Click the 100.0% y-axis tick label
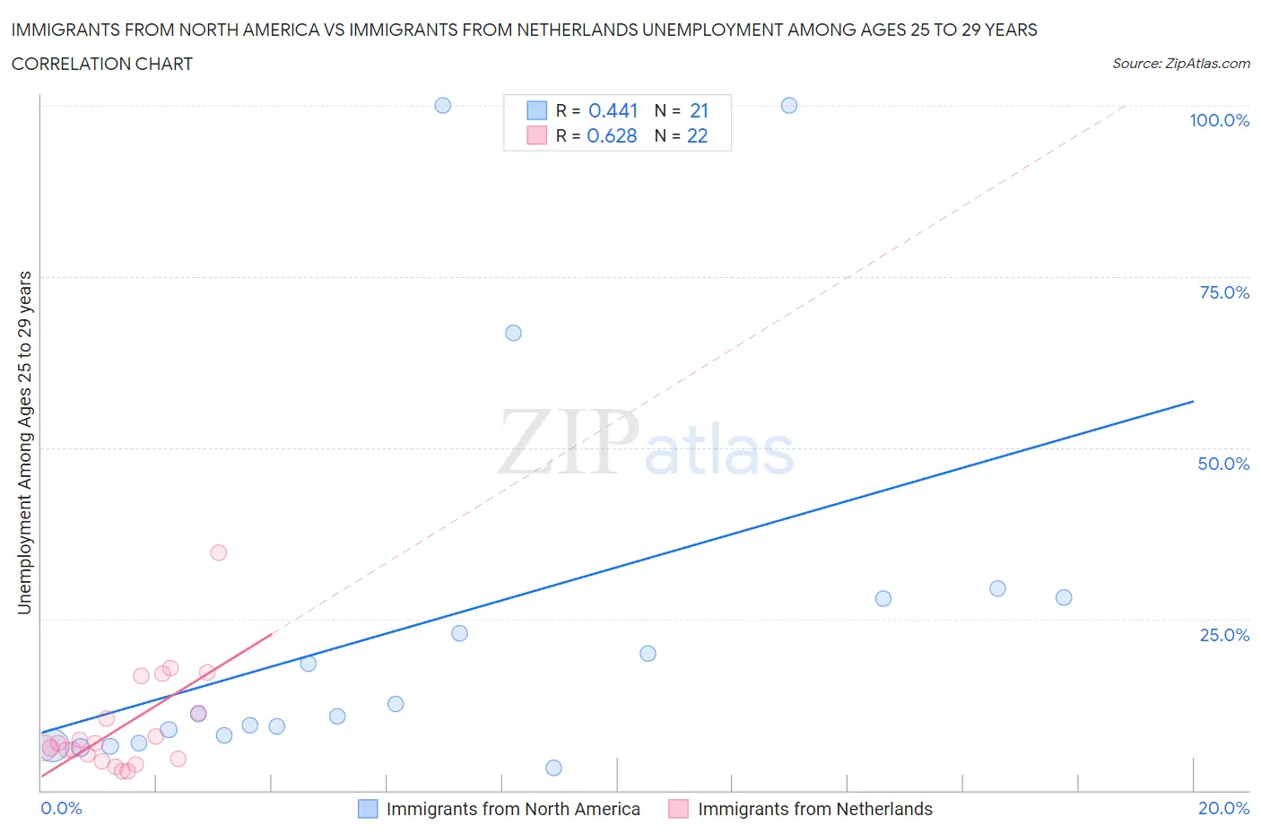coord(1219,120)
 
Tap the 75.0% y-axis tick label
coord(1224,292)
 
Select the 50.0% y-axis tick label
coord(1223,464)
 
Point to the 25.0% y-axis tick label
coord(1224,635)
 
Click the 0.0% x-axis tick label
coord(61,808)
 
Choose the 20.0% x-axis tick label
coord(1223,808)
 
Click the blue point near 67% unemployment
coord(513,333)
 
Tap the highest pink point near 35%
coord(218,552)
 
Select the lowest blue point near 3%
coord(553,768)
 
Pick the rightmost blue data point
coord(1064,597)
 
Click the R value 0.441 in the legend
coord(613,110)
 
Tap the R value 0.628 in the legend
coord(612,135)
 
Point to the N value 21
coord(699,110)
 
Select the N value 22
coord(697,135)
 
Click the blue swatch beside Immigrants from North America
coord(368,809)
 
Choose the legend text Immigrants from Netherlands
coord(814,809)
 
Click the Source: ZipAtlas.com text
coord(1180,64)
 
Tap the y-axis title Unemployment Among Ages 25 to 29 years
coord(25,442)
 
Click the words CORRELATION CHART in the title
coord(102,64)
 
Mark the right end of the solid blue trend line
coord(1193,401)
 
